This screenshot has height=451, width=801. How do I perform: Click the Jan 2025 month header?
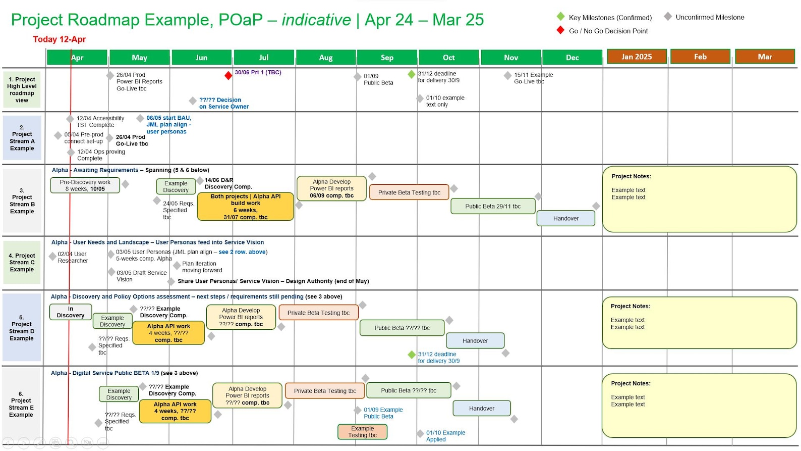(637, 57)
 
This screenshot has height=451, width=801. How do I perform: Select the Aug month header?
(326, 58)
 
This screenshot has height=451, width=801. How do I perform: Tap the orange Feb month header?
(700, 57)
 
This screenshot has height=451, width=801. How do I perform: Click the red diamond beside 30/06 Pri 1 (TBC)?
(228, 76)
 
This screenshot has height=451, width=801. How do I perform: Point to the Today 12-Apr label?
(60, 39)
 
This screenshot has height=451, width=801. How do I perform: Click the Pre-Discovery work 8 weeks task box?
(85, 185)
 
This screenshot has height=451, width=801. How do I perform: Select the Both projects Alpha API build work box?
(245, 207)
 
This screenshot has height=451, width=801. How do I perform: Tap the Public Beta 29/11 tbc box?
(493, 206)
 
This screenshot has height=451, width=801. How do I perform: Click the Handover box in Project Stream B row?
(565, 218)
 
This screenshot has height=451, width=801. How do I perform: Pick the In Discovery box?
(71, 312)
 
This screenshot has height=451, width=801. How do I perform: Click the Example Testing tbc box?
(362, 432)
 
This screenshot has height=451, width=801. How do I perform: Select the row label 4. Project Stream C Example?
(22, 263)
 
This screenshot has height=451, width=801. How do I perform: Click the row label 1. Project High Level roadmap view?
(22, 90)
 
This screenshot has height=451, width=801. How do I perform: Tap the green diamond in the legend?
(560, 17)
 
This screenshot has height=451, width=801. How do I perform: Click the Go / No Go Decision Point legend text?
(608, 31)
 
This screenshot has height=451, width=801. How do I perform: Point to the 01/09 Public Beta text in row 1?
(378, 79)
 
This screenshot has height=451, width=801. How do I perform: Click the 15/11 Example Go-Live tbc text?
(533, 78)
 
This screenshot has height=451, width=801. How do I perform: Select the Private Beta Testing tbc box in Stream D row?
(318, 313)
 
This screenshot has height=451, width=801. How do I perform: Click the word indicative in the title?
(316, 20)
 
